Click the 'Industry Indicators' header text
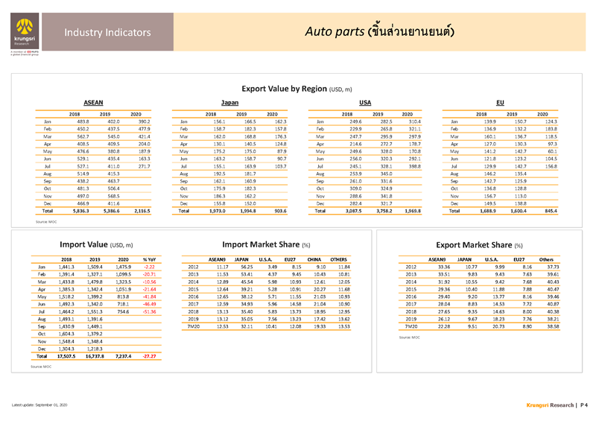[97, 32]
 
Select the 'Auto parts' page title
[380, 32]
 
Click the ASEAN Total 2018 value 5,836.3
[76, 212]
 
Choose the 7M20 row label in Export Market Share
[412, 326]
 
